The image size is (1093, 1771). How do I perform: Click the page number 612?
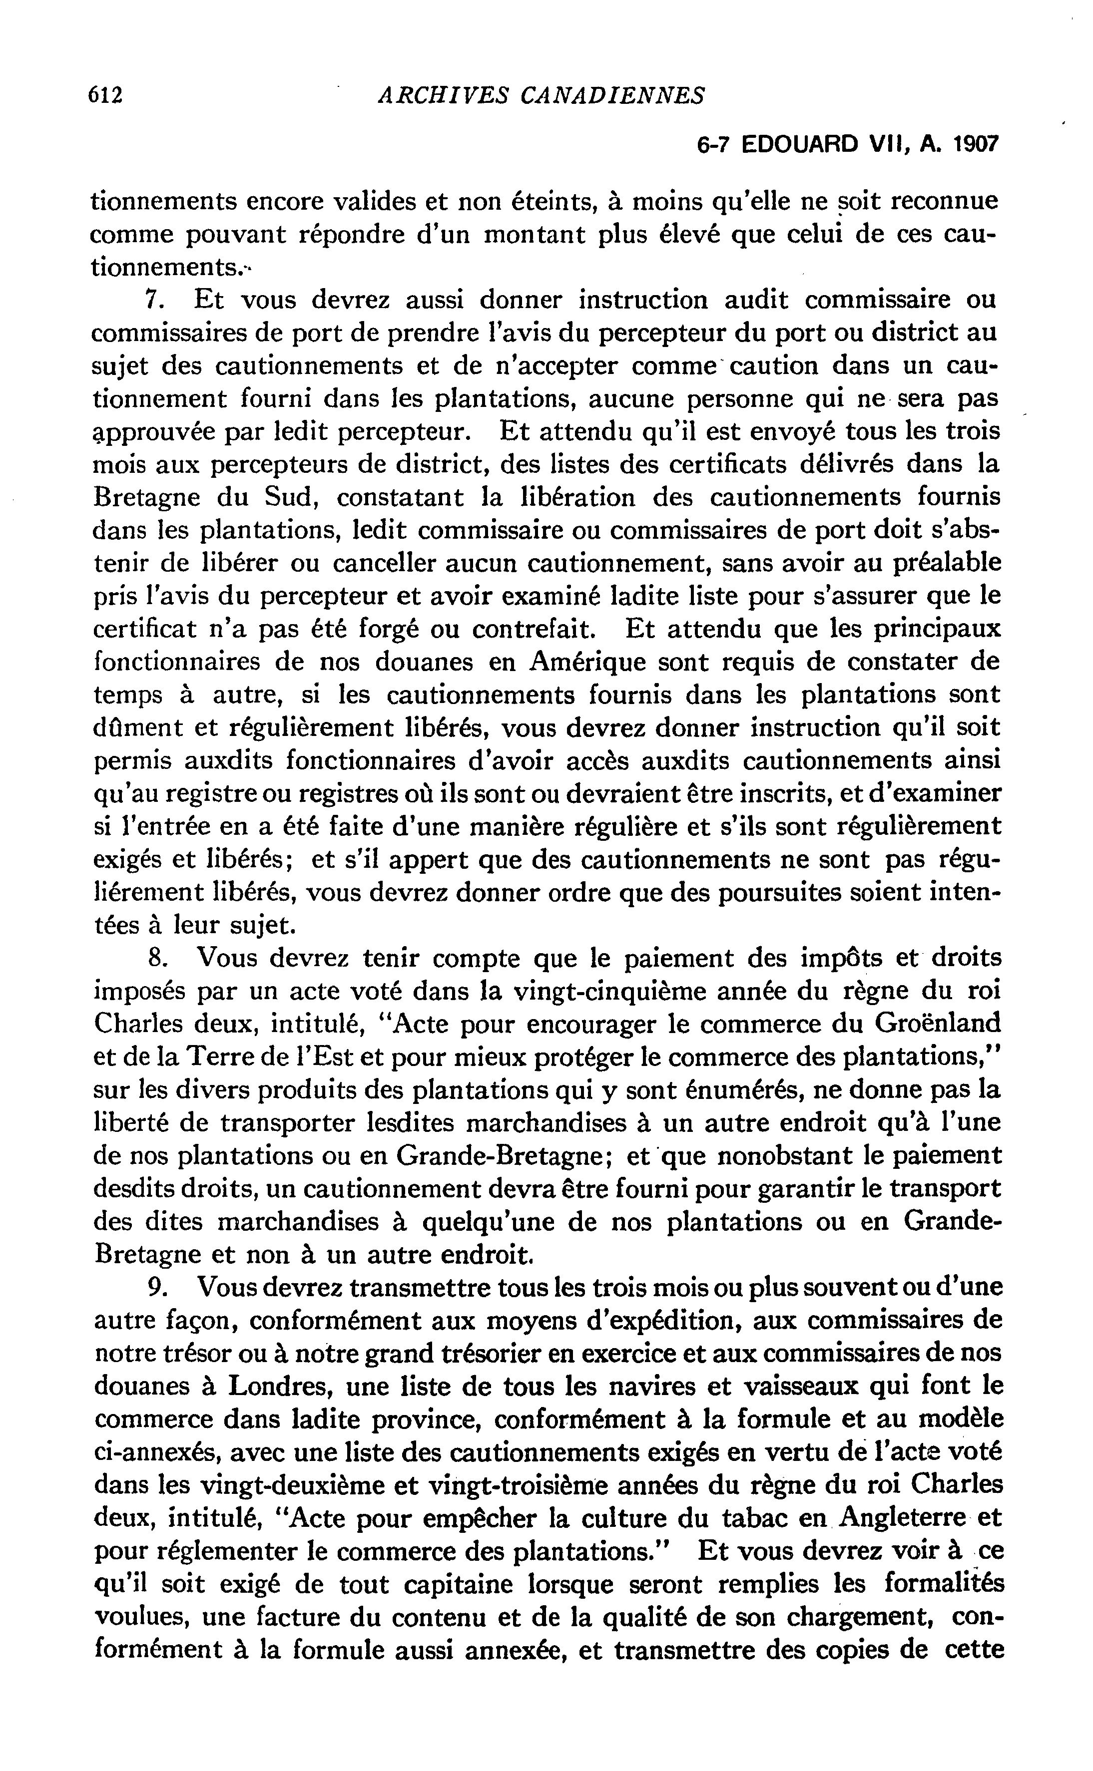pos(105,95)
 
